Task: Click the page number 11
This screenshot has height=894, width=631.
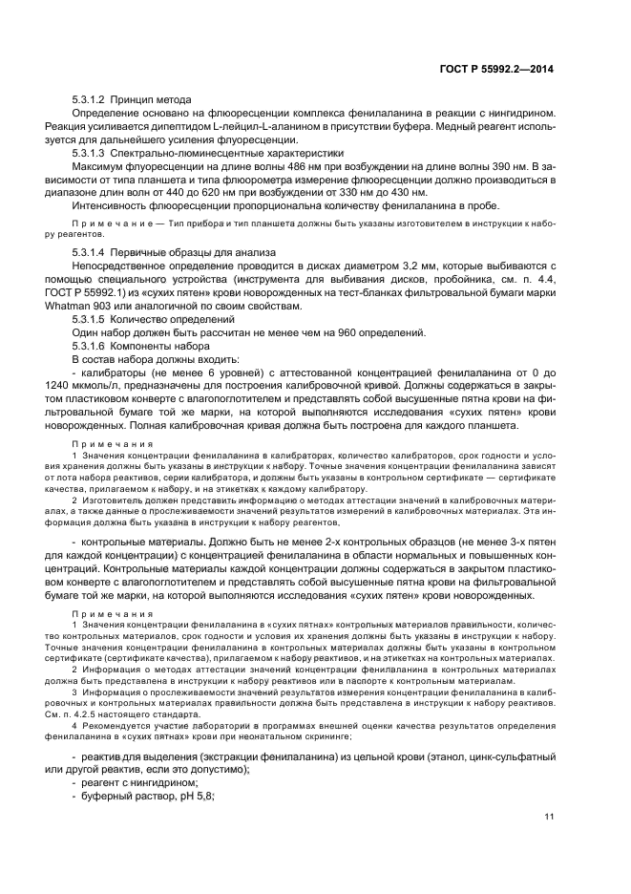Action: click(x=549, y=816)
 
